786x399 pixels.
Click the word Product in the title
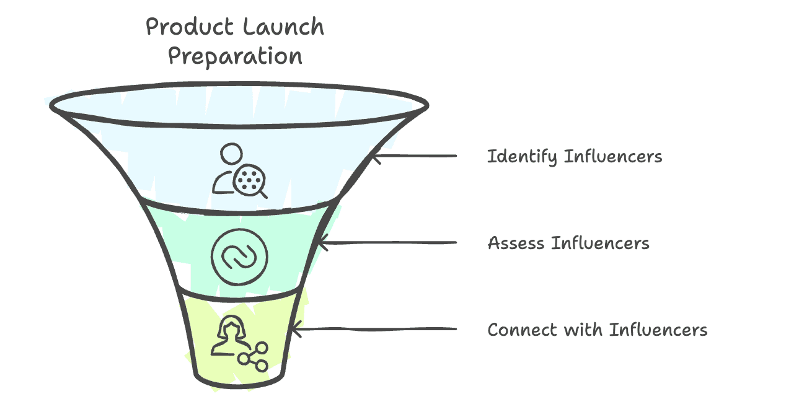(x=185, y=28)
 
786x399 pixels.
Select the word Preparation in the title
(x=235, y=56)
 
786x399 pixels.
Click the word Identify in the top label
(x=522, y=157)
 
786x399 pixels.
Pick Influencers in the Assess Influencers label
(x=599, y=242)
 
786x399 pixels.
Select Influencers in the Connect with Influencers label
(x=658, y=329)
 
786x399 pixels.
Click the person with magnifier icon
(x=239, y=170)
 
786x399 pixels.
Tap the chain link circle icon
(x=239, y=256)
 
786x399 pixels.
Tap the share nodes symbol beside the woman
(x=255, y=356)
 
